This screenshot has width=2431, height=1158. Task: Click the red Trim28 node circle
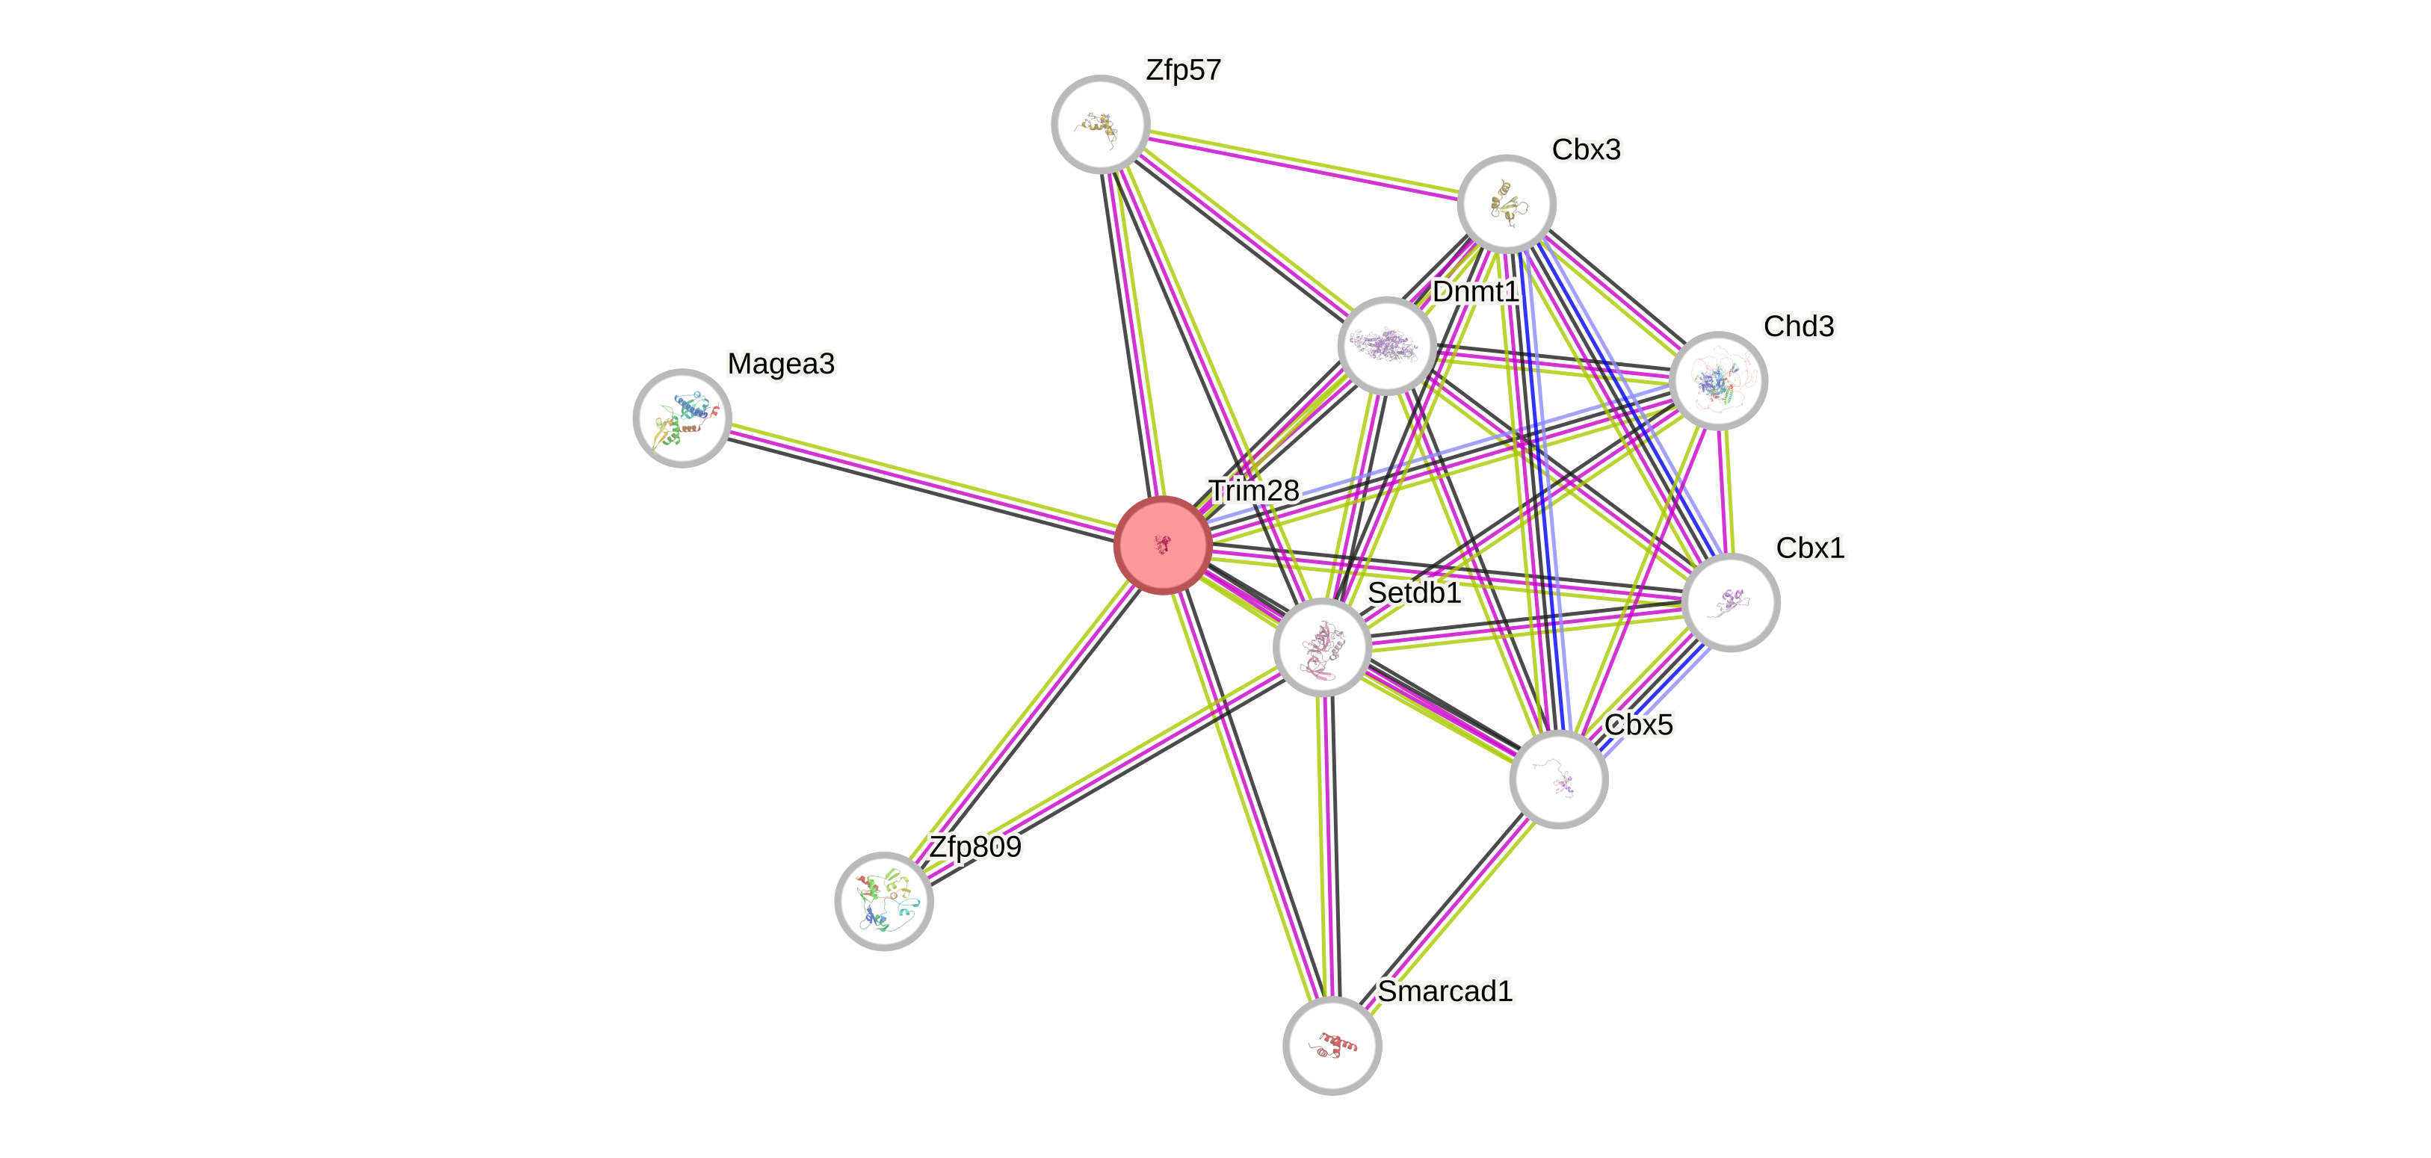pos(1163,545)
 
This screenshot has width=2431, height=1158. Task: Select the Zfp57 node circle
pos(1100,125)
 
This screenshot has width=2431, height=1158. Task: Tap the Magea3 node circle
pos(682,418)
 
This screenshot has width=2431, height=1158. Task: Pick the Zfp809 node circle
pos(884,901)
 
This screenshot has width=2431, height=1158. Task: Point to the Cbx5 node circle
pos(1558,779)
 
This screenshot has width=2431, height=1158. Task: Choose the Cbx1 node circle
pos(1731,602)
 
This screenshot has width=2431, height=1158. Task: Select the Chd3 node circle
pos(1717,380)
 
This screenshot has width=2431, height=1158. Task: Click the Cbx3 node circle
pos(1506,204)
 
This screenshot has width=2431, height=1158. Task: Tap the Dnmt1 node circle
pos(1386,345)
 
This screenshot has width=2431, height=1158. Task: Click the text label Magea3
pos(780,363)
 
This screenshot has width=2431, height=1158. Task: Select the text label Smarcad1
pos(1445,991)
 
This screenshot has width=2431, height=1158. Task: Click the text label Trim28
pos(1253,491)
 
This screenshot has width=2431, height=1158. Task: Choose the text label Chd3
pos(1799,326)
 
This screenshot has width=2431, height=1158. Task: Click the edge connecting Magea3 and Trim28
pos(921,481)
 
